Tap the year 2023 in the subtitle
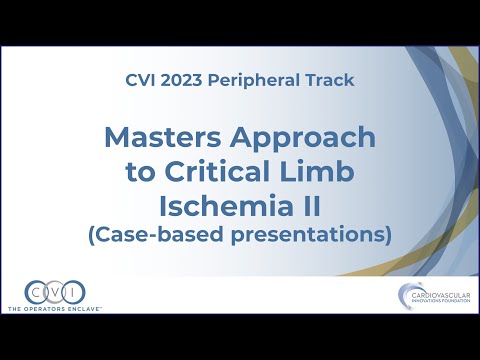pyautogui.click(x=193, y=78)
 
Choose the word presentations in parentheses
pyautogui.click(x=317, y=235)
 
